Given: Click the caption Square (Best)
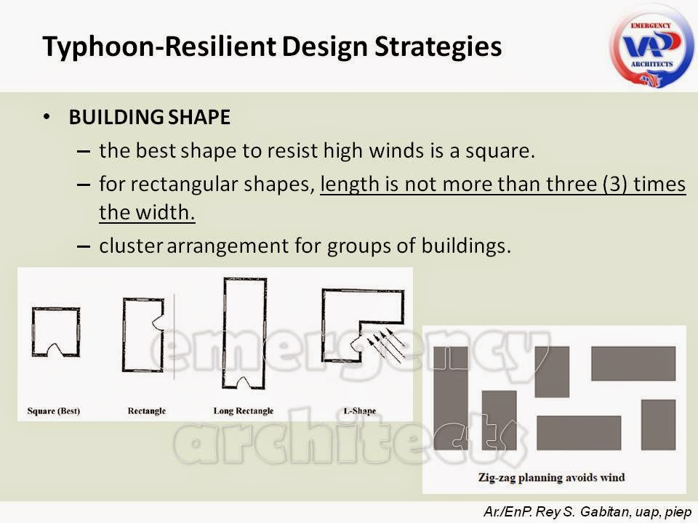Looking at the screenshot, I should pos(53,411).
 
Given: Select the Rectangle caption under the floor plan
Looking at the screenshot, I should pos(147,411).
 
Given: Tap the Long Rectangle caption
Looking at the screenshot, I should pos(244,411).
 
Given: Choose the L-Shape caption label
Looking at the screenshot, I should pos(360,411).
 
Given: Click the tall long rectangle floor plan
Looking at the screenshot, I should pos(245,334).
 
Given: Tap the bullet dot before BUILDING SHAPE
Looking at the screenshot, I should pos(47,117).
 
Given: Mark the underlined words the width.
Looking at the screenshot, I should pos(148,214).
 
